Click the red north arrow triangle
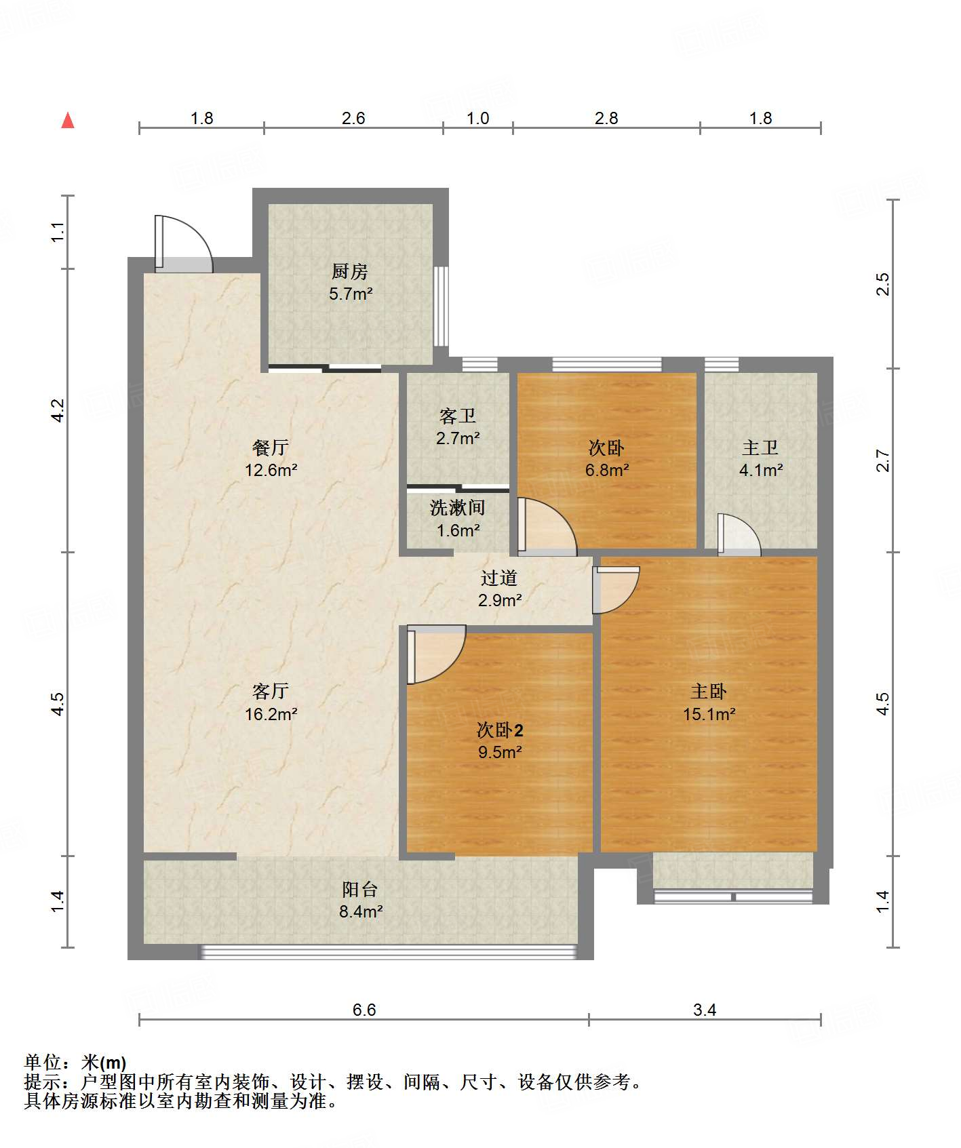click(68, 120)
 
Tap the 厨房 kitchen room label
click(350, 271)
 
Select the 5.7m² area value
click(351, 294)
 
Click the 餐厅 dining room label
click(271, 448)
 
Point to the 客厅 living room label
click(271, 691)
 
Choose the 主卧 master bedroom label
click(709, 691)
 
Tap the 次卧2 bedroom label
click(500, 730)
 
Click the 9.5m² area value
click(500, 752)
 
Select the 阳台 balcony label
click(360, 889)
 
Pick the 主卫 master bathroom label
click(760, 448)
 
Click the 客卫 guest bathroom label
click(458, 416)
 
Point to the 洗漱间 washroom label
click(458, 508)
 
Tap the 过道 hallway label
click(499, 578)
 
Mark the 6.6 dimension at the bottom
click(364, 1010)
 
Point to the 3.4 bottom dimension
click(705, 1010)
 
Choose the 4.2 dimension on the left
click(58, 410)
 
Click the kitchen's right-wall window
click(441, 306)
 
